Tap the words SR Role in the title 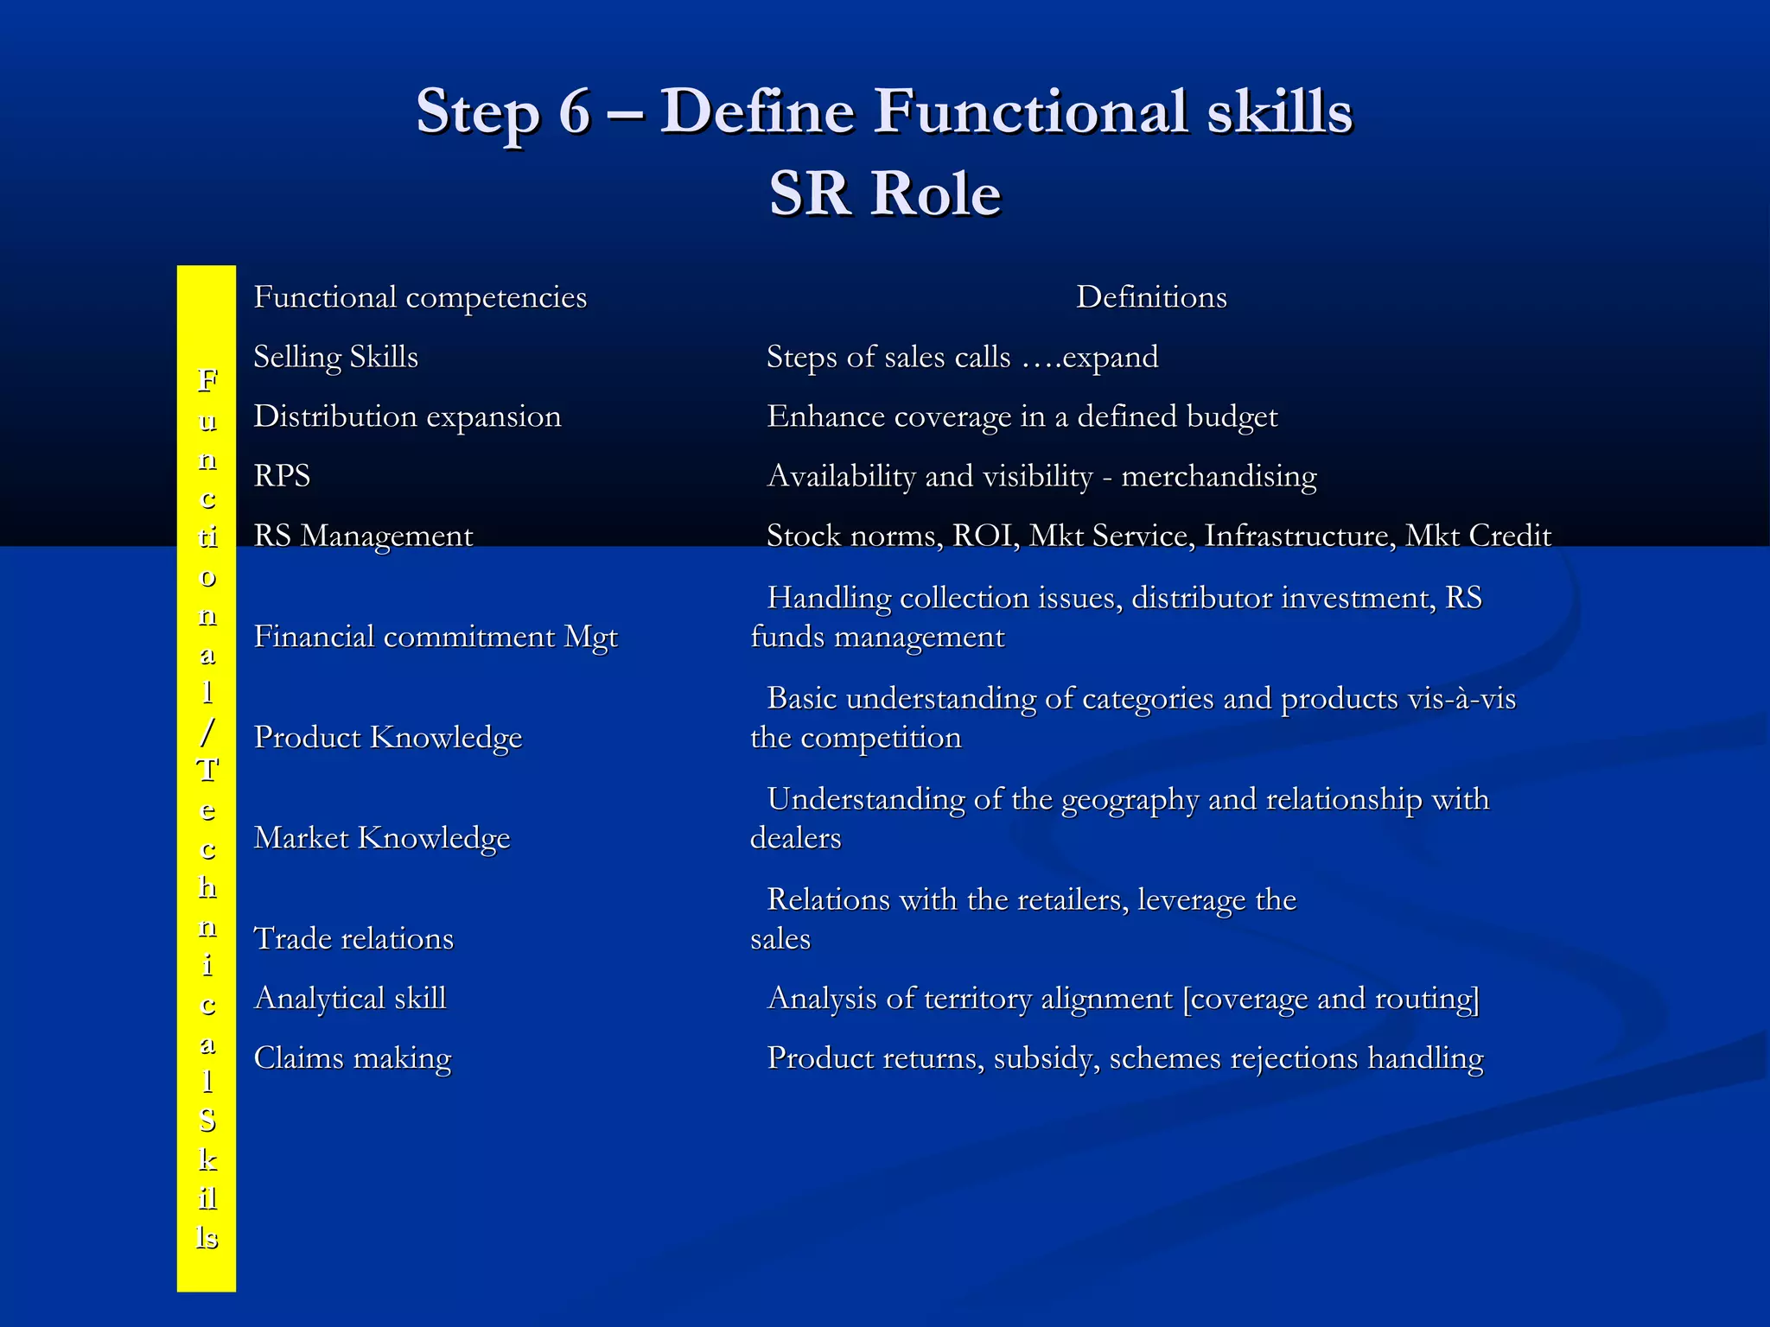[885, 194]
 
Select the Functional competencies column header [420, 297]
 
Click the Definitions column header [1151, 297]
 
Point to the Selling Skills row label [335, 357]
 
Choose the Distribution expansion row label [407, 416]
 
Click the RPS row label [282, 476]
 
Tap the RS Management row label [363, 536]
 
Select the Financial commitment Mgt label [436, 637]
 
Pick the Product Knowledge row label [388, 738]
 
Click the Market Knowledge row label [382, 838]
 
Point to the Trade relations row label [353, 939]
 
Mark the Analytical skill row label [350, 999]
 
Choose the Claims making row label [353, 1058]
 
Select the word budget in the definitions [1232, 416]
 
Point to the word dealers [795, 838]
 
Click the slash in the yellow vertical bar [207, 732]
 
